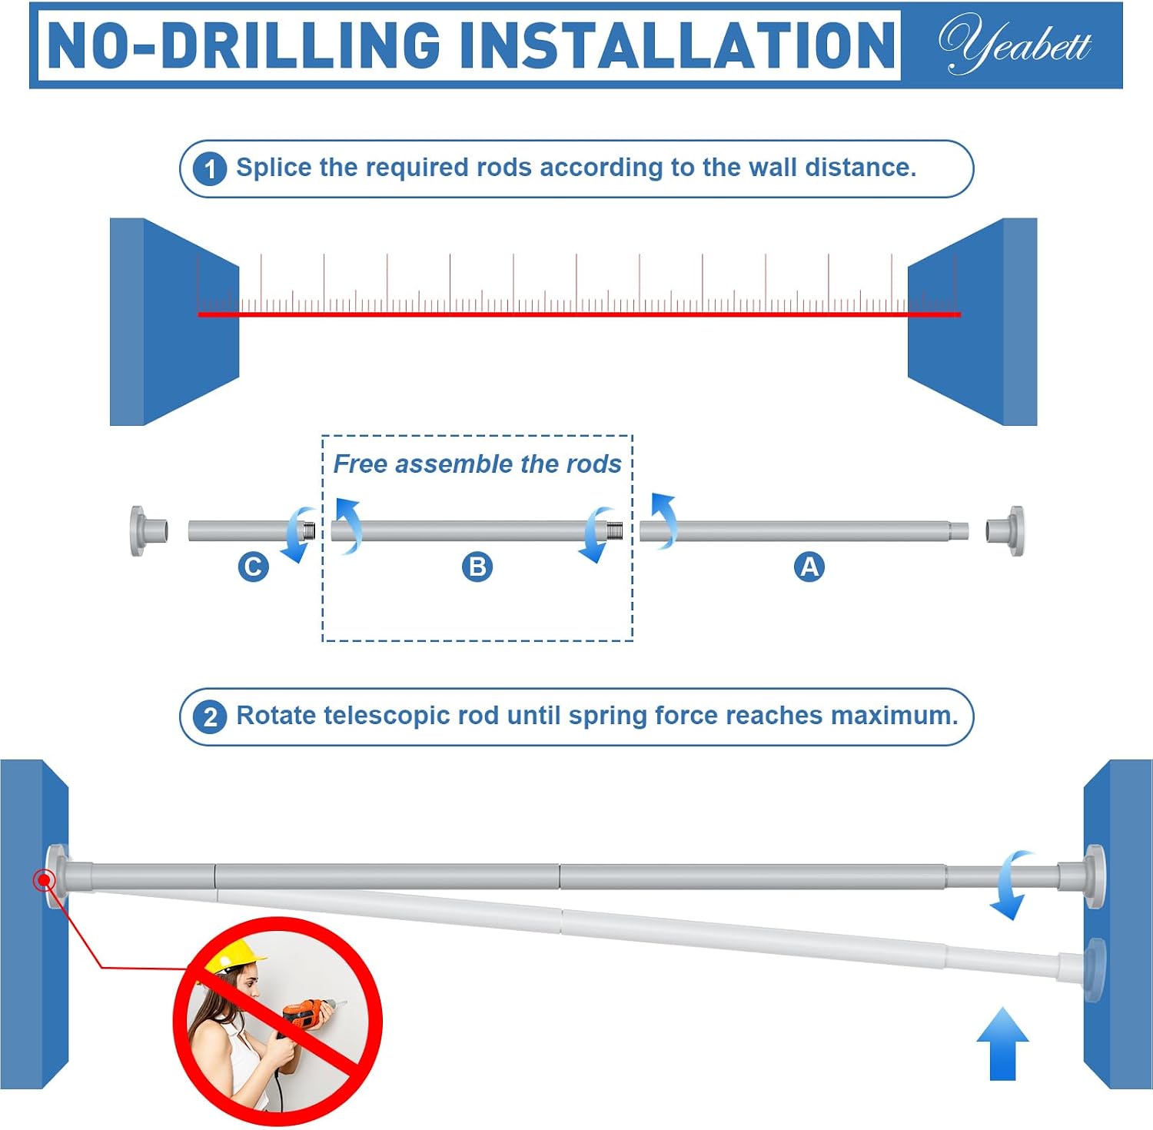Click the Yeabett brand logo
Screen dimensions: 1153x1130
[x=1015, y=44]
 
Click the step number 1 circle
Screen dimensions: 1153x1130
[x=210, y=169]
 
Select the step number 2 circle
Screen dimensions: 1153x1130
[x=210, y=717]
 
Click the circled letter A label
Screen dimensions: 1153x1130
[x=809, y=567]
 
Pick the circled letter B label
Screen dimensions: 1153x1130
[x=477, y=567]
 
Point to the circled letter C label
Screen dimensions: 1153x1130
[x=253, y=567]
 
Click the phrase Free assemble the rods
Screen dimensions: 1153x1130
[x=477, y=464]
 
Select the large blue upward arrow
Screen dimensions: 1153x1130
[x=1002, y=1044]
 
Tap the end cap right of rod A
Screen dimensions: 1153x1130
[x=1005, y=530]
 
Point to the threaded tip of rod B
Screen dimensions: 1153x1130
[x=614, y=530]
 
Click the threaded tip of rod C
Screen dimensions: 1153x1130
[x=308, y=530]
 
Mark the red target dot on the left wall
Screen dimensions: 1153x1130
[x=45, y=880]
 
